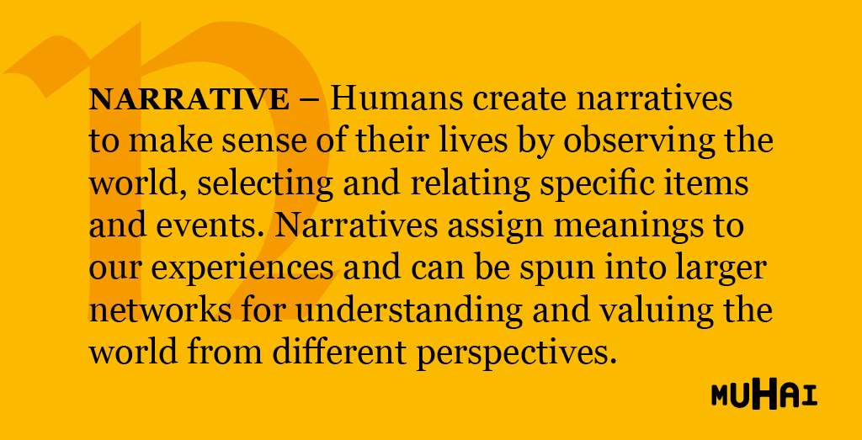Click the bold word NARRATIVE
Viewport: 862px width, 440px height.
[x=189, y=99]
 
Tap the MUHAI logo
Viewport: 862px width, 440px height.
[x=764, y=395]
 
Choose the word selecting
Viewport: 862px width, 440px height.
[x=265, y=185]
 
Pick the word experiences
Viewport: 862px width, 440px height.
[x=242, y=271]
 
